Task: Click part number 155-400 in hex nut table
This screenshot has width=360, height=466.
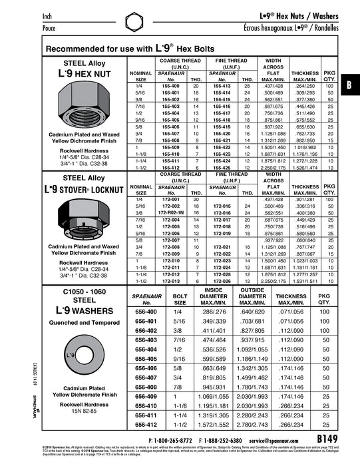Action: click(x=171, y=87)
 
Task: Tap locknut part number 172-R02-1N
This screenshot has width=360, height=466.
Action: click(x=171, y=213)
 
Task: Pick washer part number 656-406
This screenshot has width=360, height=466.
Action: click(x=145, y=367)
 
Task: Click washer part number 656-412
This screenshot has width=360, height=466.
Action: click(x=145, y=424)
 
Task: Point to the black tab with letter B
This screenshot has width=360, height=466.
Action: click(x=349, y=85)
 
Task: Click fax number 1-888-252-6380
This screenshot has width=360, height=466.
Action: click(x=220, y=441)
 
